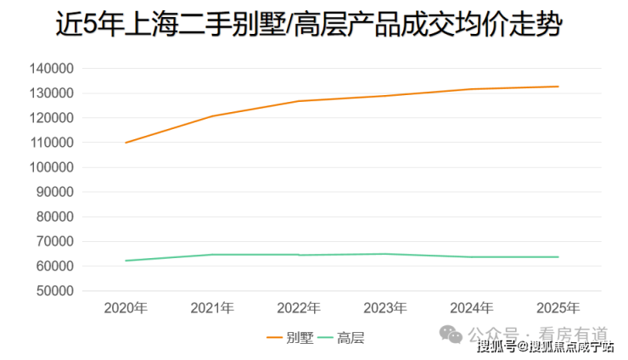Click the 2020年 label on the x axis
tap(126, 308)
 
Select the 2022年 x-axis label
tap(299, 308)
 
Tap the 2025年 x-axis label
tap(558, 308)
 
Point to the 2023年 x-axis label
tap(385, 308)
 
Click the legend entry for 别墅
tap(290, 338)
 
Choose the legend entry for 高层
tap(340, 338)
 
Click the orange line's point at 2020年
tap(126, 143)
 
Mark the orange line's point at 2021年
tap(212, 116)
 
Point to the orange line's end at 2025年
tap(558, 87)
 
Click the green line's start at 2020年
tap(126, 261)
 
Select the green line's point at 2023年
tap(385, 254)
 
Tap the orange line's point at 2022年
tap(299, 101)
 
